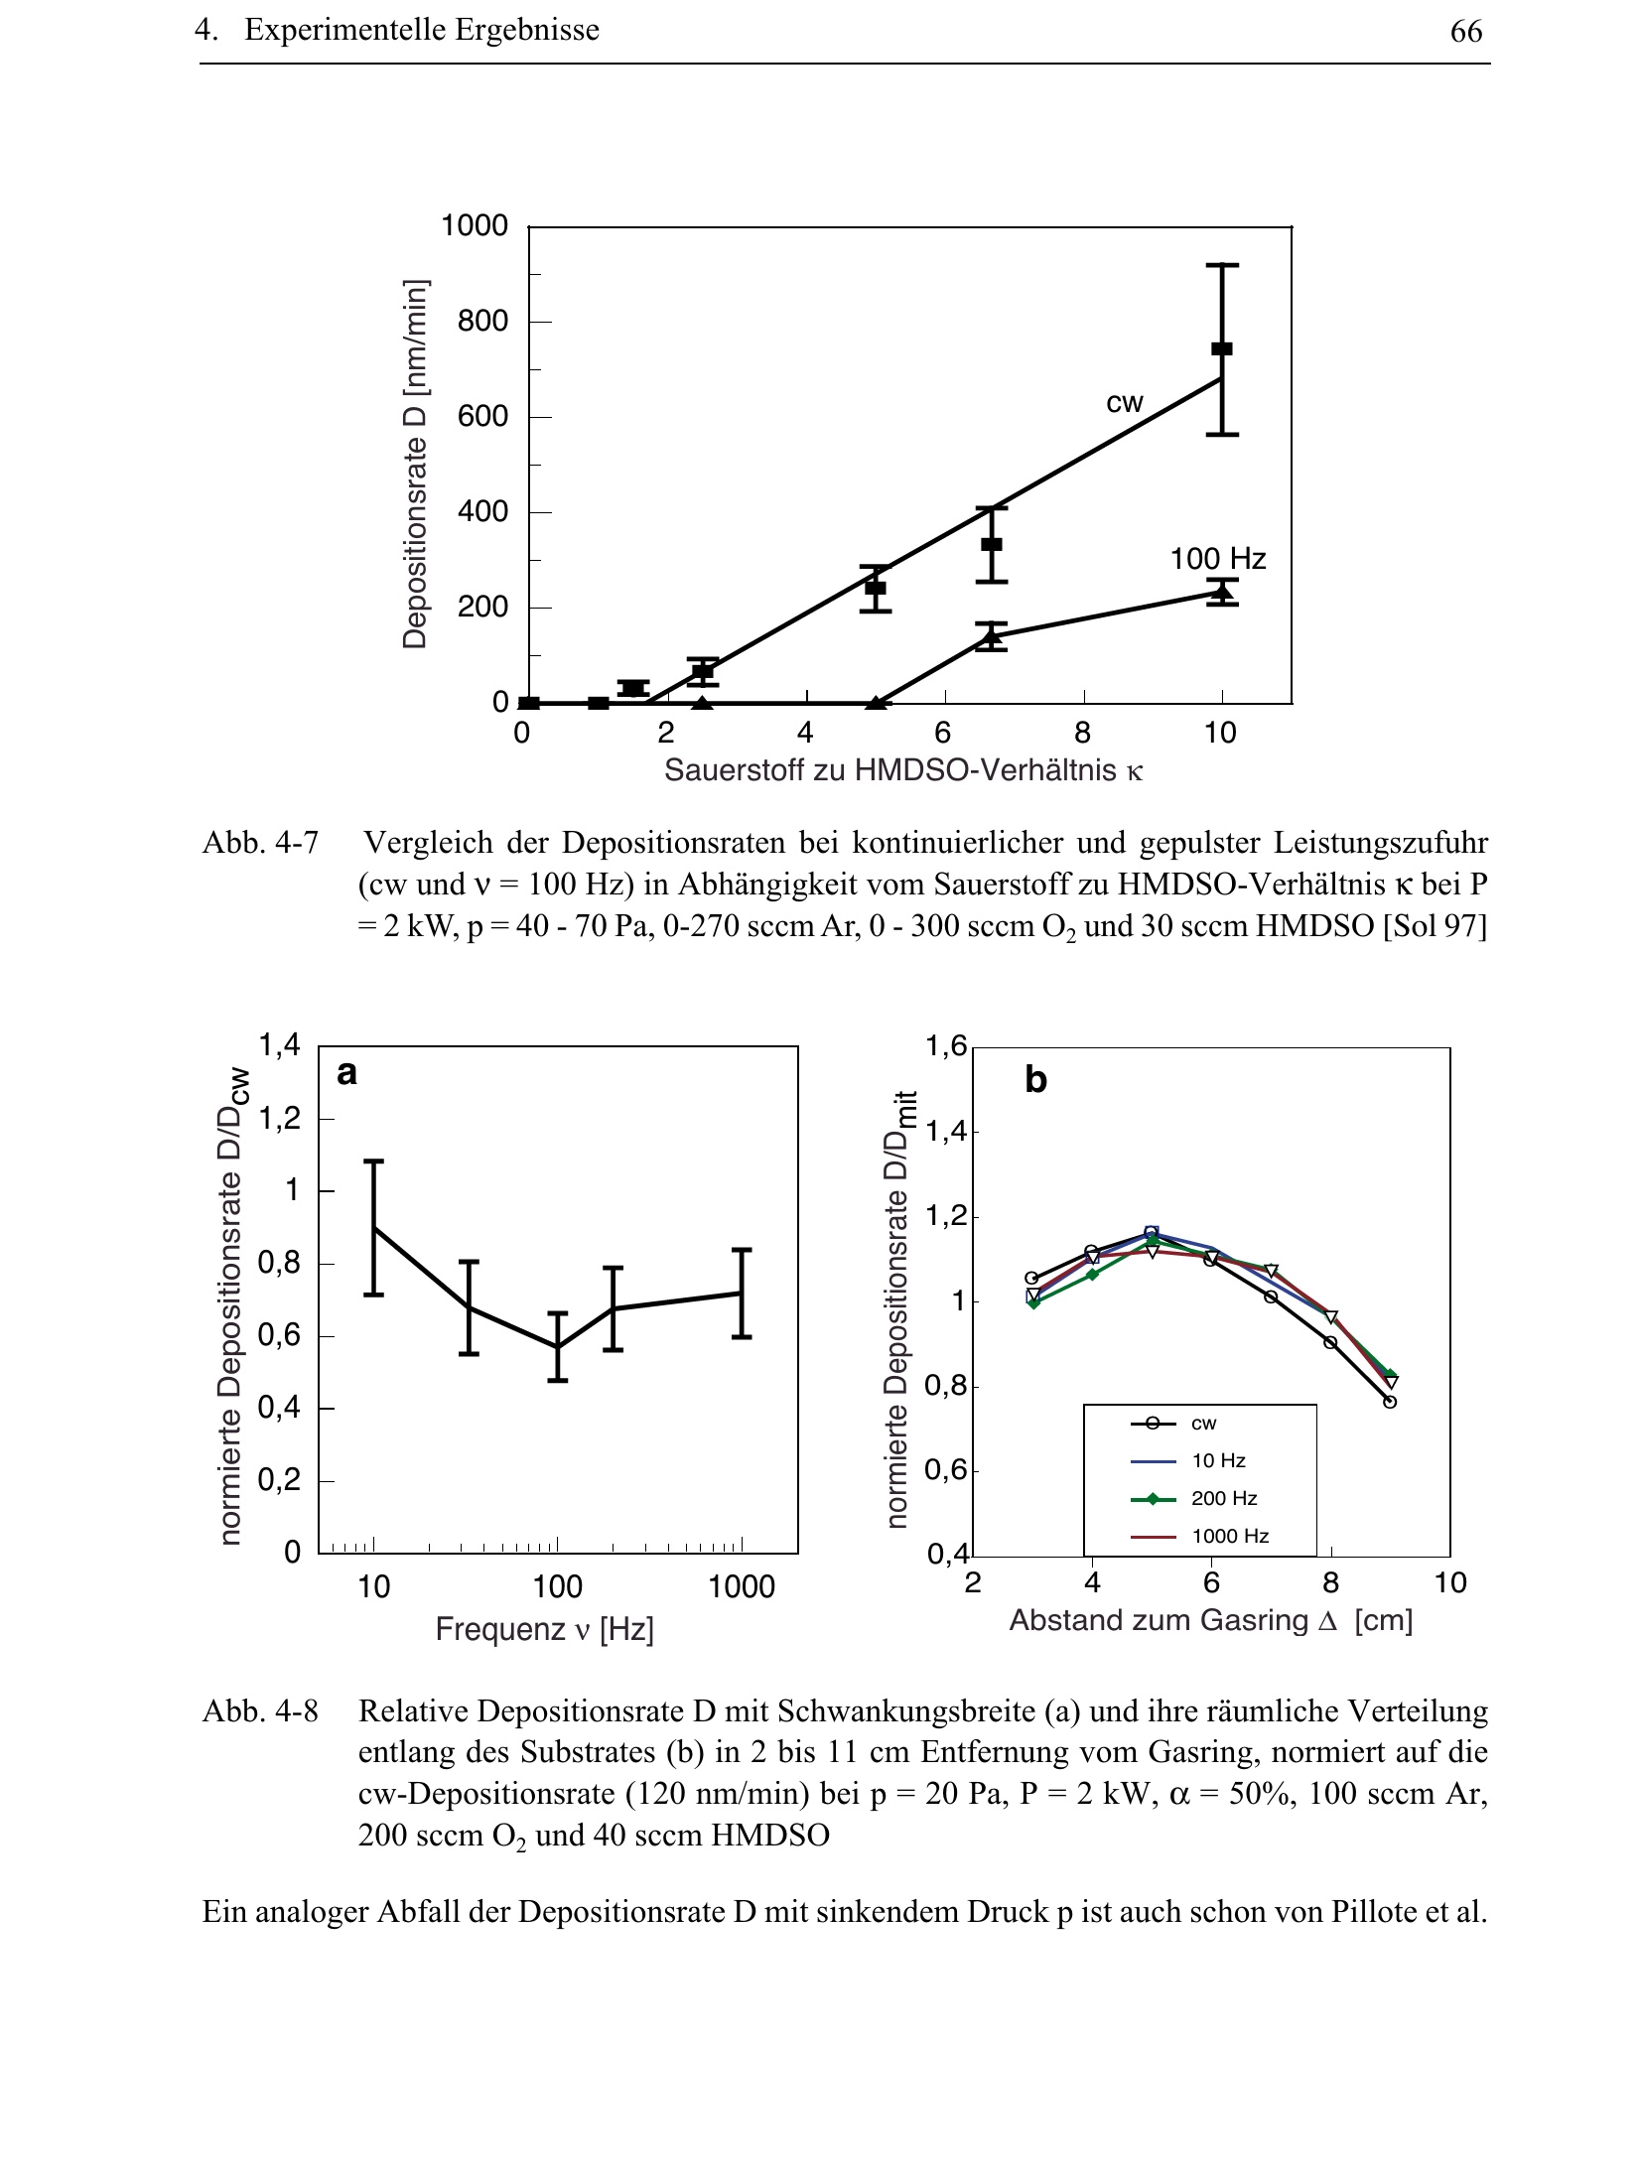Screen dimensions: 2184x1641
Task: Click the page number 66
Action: coord(1465,32)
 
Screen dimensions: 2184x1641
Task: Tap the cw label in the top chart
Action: coord(1125,403)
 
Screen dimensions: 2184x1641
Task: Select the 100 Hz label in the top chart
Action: coord(1217,559)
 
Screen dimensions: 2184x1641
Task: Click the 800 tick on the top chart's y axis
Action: coord(482,321)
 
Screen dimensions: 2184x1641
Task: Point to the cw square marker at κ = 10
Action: coord(1222,348)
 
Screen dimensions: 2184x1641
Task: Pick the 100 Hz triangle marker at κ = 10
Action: coord(1222,593)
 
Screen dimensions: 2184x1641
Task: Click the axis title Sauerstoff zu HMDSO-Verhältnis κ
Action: coord(903,770)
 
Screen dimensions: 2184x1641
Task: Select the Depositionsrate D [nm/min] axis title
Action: coord(415,465)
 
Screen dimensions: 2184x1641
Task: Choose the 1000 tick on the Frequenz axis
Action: coord(742,1587)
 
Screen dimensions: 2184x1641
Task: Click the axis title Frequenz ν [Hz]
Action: coord(544,1630)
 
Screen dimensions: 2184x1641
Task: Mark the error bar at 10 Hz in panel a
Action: coord(374,1227)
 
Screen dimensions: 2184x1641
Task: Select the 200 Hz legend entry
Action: coord(1223,1498)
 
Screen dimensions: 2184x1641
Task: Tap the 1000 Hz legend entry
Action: coord(1229,1536)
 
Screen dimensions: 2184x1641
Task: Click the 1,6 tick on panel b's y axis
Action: coord(945,1046)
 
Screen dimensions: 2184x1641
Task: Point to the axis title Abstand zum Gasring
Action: coord(1210,1620)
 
